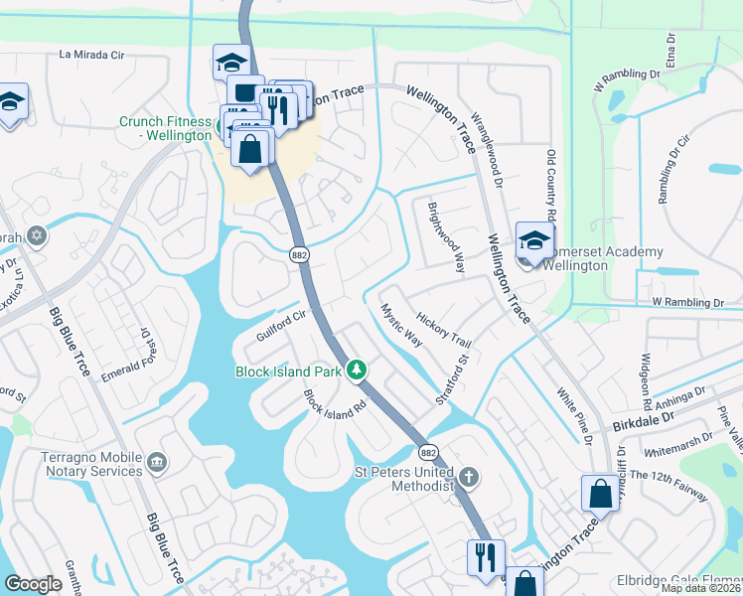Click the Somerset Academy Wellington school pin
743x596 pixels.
point(534,240)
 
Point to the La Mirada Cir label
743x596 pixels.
point(92,55)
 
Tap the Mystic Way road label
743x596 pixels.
point(401,324)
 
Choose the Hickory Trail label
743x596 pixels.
point(444,331)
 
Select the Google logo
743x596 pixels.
point(33,584)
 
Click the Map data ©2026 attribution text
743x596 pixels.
point(701,588)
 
